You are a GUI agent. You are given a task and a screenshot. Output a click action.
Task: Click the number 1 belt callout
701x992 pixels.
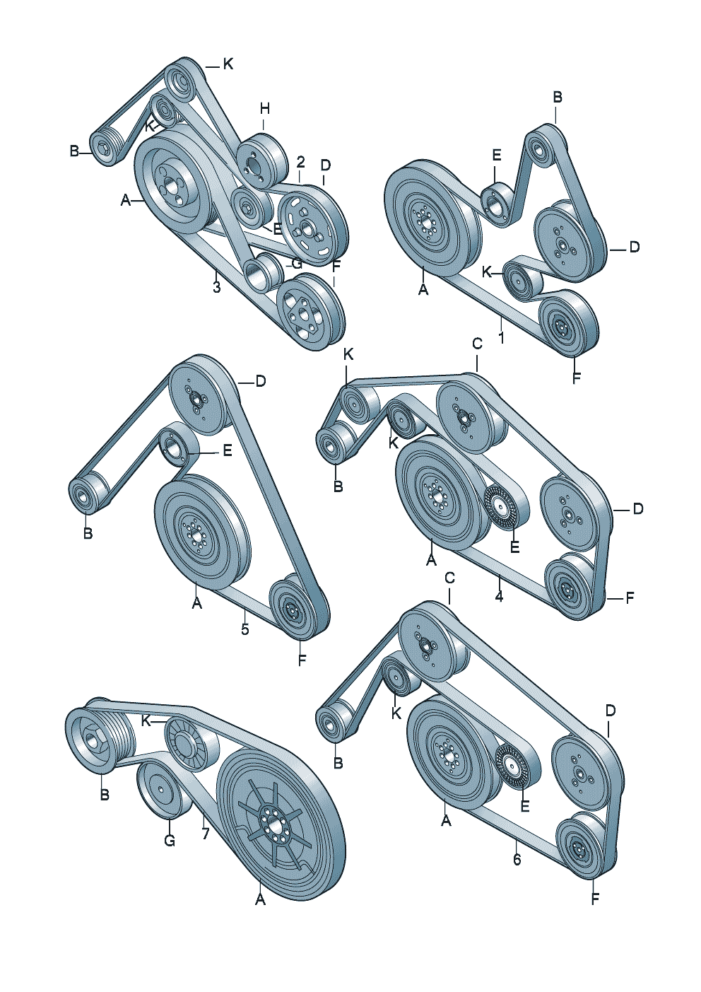(x=501, y=338)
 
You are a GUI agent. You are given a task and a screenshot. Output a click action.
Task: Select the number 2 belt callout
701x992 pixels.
(x=300, y=161)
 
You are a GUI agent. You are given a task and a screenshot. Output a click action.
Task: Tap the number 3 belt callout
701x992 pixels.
(x=216, y=287)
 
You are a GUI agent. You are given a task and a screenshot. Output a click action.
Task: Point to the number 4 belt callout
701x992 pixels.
(x=499, y=596)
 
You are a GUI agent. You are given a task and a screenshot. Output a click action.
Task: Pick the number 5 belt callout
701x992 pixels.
(x=245, y=629)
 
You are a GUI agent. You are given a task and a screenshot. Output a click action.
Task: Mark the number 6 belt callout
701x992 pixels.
(x=517, y=859)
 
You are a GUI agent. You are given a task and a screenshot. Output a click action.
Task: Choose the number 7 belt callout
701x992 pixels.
(x=205, y=834)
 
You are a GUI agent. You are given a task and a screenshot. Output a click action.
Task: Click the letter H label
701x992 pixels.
(x=264, y=109)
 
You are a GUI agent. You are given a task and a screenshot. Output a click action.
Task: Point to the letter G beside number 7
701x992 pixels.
(x=170, y=841)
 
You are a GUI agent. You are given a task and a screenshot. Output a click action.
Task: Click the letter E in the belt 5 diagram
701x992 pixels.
(x=227, y=450)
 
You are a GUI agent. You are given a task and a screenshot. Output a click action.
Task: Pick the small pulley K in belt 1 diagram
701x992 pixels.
(x=522, y=281)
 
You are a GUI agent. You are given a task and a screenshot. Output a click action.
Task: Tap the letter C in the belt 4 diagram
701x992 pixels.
(x=477, y=344)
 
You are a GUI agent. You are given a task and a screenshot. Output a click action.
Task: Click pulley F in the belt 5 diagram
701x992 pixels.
(x=293, y=607)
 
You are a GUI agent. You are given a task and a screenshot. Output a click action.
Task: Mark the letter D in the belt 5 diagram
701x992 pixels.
(x=261, y=381)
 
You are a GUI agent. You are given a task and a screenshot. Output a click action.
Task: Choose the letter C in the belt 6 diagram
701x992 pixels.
(x=449, y=578)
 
